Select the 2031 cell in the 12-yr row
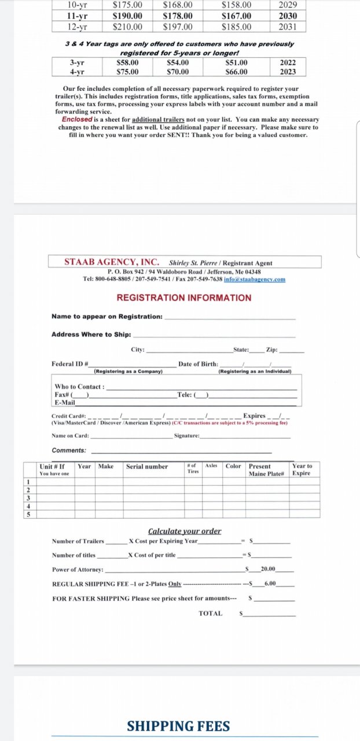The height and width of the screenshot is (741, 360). (x=288, y=27)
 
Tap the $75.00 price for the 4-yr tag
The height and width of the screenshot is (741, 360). (x=127, y=72)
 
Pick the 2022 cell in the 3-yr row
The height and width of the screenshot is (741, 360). (x=288, y=63)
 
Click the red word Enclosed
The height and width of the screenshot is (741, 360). (x=77, y=119)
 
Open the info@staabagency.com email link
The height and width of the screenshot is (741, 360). (x=255, y=279)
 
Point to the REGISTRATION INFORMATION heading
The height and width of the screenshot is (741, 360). (x=184, y=298)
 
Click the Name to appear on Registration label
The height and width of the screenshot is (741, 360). (x=107, y=317)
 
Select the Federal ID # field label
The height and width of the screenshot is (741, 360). (x=70, y=364)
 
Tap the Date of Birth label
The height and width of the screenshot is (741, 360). (x=198, y=364)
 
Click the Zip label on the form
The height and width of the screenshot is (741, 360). (x=271, y=350)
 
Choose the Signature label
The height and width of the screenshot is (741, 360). (x=186, y=435)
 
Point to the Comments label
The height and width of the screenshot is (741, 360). (x=69, y=450)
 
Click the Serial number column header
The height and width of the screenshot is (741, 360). (x=147, y=467)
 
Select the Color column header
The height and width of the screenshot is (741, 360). (x=233, y=466)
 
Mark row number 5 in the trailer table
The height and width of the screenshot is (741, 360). (x=28, y=513)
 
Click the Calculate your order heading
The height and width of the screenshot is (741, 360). (x=185, y=531)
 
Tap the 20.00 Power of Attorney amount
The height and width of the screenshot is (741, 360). (x=268, y=569)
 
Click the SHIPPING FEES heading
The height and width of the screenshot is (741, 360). (x=178, y=726)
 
